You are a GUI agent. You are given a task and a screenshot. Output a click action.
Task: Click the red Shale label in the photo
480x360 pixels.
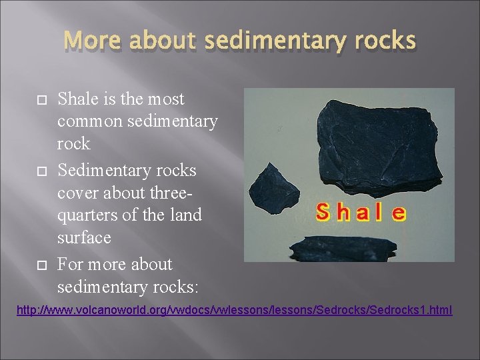coord(361,213)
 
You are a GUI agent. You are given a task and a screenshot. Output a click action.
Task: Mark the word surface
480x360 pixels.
coord(83,238)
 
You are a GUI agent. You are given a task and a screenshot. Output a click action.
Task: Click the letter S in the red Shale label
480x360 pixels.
coord(323,213)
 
